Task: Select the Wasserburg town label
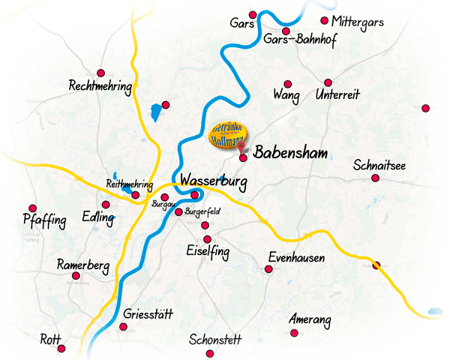coord(214,181)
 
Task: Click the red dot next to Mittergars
coord(324,20)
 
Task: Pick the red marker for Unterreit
coord(328,82)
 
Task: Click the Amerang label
coord(310,320)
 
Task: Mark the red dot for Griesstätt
coord(123,326)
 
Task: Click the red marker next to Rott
coord(61,349)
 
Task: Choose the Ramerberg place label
coord(83,266)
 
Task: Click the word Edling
coord(98,218)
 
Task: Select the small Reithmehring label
coord(130,184)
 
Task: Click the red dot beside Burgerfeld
coord(178,212)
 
